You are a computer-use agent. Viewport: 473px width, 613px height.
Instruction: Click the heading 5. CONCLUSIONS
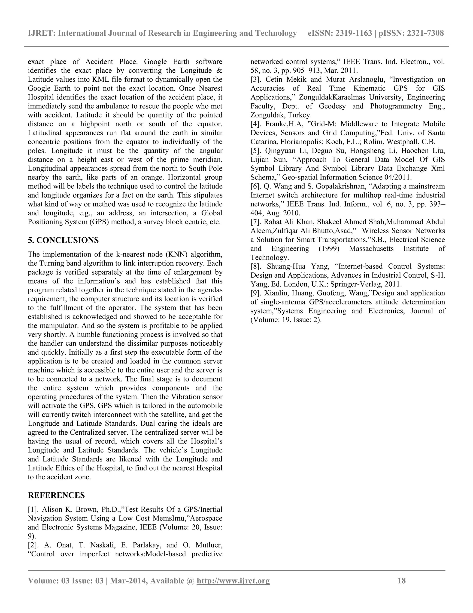(x=63, y=241)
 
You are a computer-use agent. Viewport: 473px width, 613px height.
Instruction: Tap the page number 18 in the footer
(x=402, y=581)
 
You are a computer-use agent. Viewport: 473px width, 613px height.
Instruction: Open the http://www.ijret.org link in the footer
(x=233, y=581)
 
